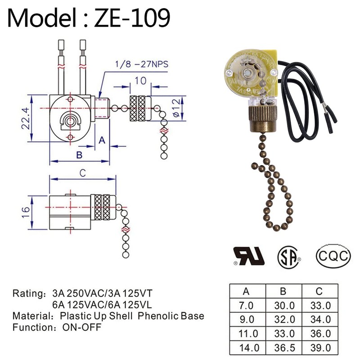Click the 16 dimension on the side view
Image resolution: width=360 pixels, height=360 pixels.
[27, 210]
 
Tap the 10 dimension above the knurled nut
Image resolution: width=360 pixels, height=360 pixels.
[140, 81]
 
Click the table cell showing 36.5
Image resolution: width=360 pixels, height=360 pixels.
[284, 348]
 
